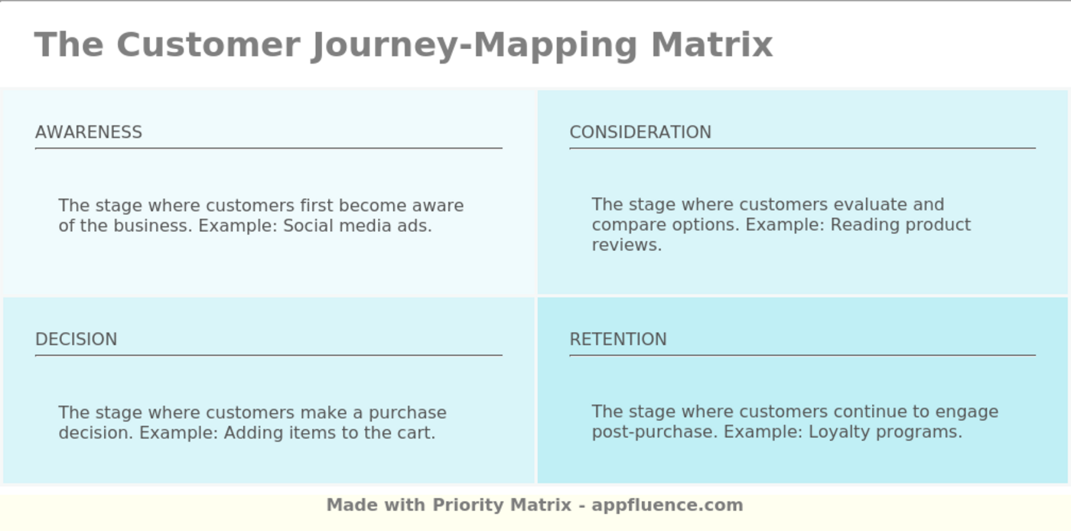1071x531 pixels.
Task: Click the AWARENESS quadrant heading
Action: click(89, 132)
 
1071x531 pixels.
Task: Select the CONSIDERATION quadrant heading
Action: click(640, 132)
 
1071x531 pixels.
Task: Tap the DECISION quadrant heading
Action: click(76, 339)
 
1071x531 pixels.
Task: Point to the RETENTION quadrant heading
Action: click(618, 339)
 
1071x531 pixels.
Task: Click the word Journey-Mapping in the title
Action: click(474, 46)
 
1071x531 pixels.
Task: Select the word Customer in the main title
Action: click(208, 44)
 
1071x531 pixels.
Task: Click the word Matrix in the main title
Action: click(712, 44)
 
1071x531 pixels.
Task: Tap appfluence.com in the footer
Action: click(667, 505)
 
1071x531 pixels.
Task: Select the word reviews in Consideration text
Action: click(627, 245)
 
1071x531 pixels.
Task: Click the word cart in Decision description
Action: click(416, 433)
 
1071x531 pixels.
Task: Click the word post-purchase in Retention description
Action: click(655, 433)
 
